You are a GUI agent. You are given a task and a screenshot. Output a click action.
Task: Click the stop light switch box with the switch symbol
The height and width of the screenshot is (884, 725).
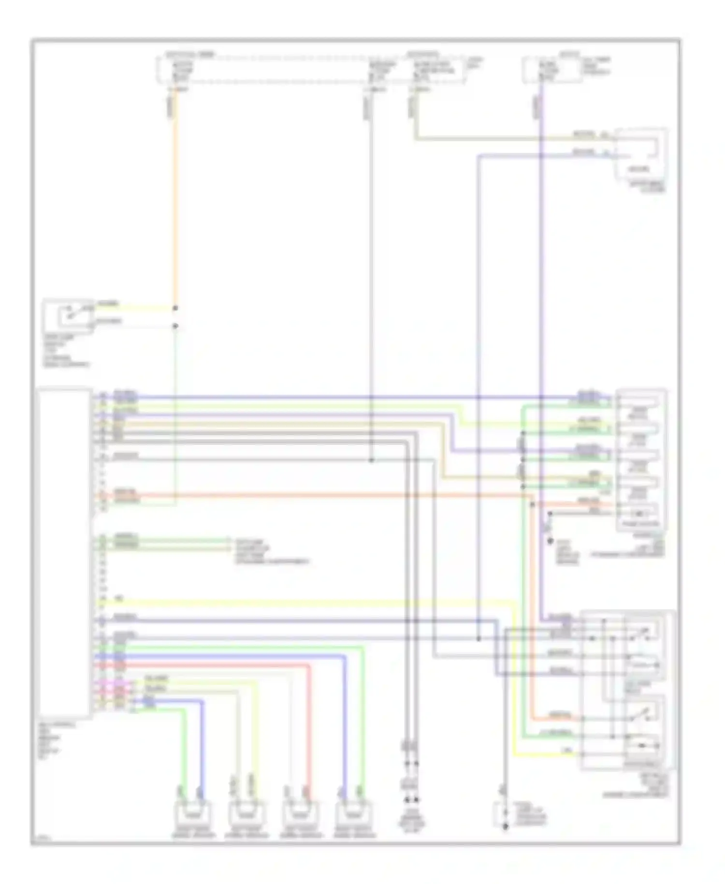pos(69,315)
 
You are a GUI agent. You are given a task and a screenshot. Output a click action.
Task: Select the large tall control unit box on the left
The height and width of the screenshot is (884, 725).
pos(64,552)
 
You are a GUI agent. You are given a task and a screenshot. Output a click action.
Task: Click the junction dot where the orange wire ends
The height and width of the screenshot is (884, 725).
pos(175,308)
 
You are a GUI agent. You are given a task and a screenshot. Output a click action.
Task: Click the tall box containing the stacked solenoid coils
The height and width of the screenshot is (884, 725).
pos(641,459)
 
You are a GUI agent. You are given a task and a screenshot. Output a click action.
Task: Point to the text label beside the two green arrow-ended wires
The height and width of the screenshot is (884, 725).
pos(271,551)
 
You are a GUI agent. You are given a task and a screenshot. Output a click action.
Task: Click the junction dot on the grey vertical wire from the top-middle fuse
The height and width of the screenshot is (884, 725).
pos(371,460)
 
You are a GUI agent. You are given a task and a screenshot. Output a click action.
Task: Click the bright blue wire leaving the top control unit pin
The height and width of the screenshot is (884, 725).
pos(338,398)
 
